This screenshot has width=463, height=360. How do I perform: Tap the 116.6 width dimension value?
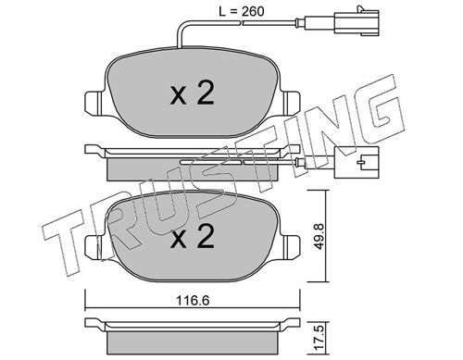193,300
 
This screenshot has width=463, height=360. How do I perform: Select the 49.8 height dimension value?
319,237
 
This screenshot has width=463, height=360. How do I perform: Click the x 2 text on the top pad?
193,93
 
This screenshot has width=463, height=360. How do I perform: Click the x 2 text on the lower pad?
193,237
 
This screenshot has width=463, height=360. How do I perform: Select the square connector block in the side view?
357,162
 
